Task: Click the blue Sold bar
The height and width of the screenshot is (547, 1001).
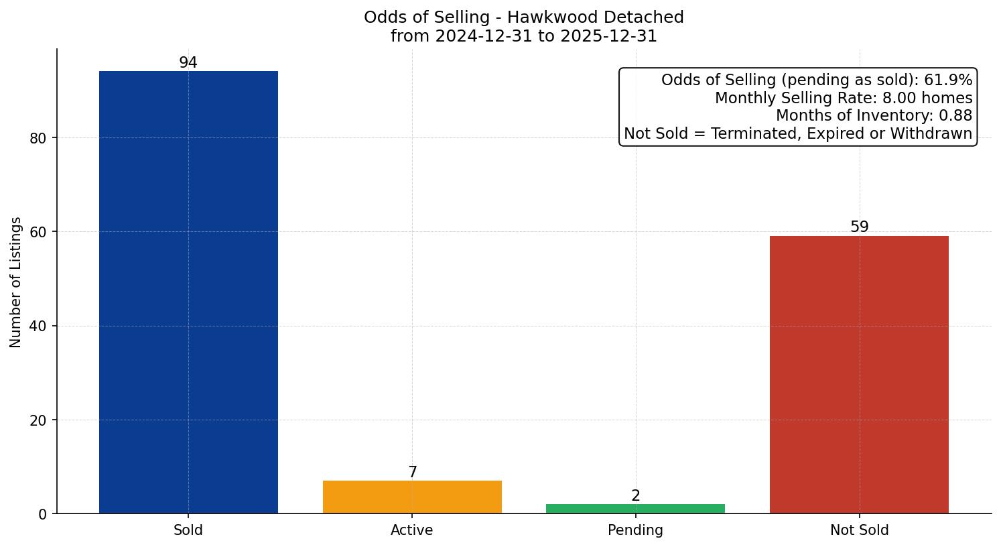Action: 188,292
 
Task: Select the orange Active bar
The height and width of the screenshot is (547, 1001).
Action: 412,497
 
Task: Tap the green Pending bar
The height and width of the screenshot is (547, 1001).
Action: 635,509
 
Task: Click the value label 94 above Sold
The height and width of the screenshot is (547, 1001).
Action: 188,63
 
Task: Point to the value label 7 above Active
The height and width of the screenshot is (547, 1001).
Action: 413,473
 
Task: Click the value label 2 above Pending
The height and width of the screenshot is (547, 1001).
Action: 636,496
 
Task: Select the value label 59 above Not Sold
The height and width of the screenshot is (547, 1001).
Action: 859,227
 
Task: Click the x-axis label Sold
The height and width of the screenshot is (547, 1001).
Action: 188,530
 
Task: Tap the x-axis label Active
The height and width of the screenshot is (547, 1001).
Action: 412,530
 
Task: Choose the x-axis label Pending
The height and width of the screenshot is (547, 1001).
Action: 635,530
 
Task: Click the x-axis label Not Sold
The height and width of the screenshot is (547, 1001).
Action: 859,530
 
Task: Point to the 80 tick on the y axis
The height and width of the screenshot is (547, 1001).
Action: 38,139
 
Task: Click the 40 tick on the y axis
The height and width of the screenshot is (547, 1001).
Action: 38,326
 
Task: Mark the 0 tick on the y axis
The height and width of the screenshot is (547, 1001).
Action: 43,514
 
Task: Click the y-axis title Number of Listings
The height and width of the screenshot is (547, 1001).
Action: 16,282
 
